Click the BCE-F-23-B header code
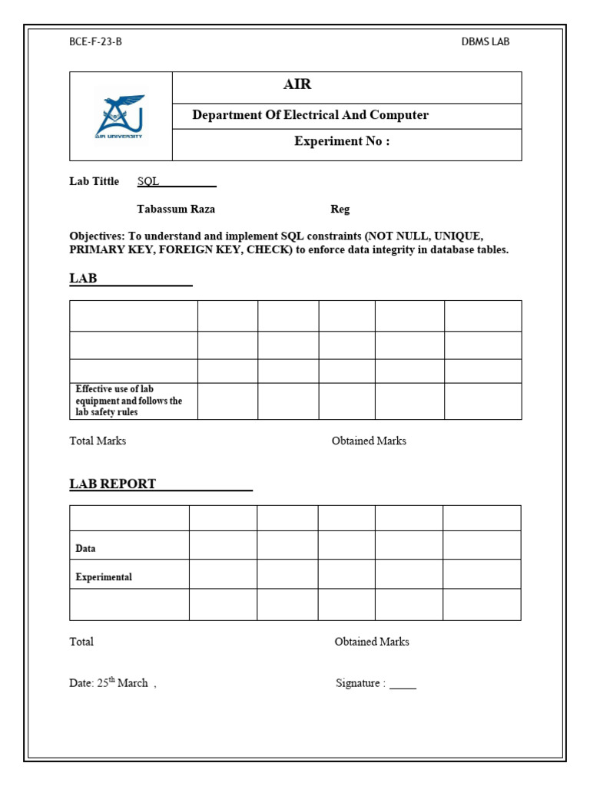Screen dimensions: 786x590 click(95, 41)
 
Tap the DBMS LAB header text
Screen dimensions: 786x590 click(485, 41)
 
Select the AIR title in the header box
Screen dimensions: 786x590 click(297, 85)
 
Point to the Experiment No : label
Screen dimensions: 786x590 click(342, 141)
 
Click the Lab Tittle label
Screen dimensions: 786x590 click(94, 181)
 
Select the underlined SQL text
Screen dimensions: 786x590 click(148, 182)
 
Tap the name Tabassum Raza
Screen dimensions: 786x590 click(176, 209)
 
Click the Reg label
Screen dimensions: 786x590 click(340, 210)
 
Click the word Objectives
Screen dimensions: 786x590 click(97, 236)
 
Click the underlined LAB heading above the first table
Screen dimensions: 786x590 click(84, 278)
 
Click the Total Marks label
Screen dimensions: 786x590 click(98, 441)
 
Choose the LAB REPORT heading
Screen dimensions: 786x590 click(113, 484)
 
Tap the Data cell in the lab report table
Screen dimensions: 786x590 click(85, 549)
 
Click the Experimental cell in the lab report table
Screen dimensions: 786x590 click(104, 577)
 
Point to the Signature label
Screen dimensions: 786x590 click(360, 683)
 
